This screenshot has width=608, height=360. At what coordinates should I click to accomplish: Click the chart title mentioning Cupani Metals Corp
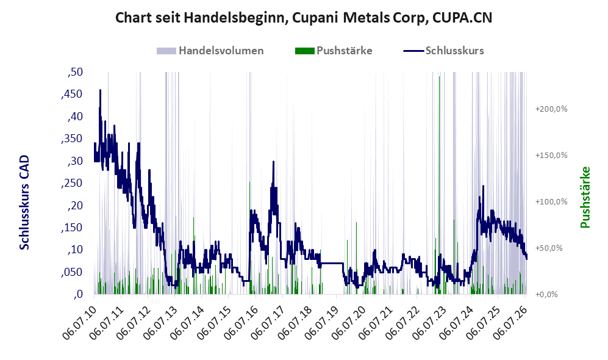pos(304,18)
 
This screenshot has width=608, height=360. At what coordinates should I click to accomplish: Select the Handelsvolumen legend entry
pos(210,51)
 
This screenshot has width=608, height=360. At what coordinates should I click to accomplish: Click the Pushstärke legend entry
pos(334,51)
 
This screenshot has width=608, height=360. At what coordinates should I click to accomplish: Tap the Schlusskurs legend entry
pos(443,51)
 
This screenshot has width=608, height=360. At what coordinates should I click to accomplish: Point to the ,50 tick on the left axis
pos(75,72)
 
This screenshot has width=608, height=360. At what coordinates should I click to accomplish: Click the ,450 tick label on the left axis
pos(72,94)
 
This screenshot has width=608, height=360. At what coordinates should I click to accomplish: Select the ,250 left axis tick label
pos(72,183)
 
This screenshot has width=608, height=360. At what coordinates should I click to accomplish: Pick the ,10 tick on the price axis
pos(75,250)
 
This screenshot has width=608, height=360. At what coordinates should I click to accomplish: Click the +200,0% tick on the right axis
pos(551,109)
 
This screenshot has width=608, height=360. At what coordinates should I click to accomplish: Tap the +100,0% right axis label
pos(551,202)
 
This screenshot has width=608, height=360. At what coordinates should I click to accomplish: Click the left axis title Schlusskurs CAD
pos(24,202)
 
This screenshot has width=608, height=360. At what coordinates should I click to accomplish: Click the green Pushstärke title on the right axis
pos(585,198)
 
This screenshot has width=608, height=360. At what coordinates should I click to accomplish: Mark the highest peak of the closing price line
pos(100,90)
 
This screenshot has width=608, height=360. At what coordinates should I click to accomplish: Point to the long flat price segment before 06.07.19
pos(332,264)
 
